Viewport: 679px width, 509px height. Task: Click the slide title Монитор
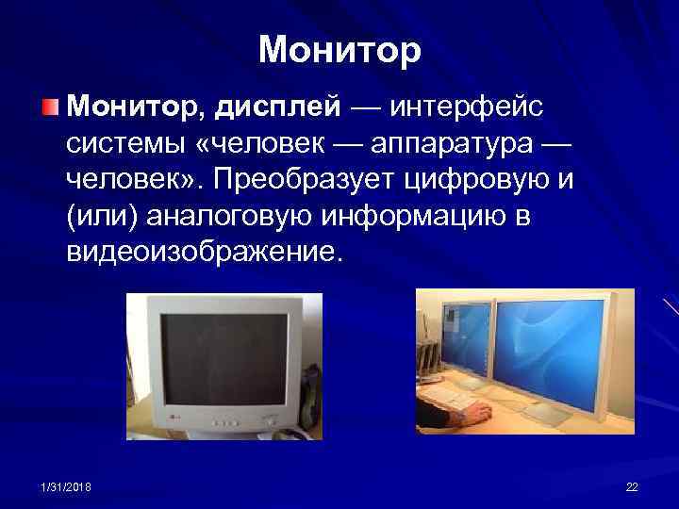point(339,49)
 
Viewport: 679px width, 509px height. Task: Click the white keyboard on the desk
point(453,396)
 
